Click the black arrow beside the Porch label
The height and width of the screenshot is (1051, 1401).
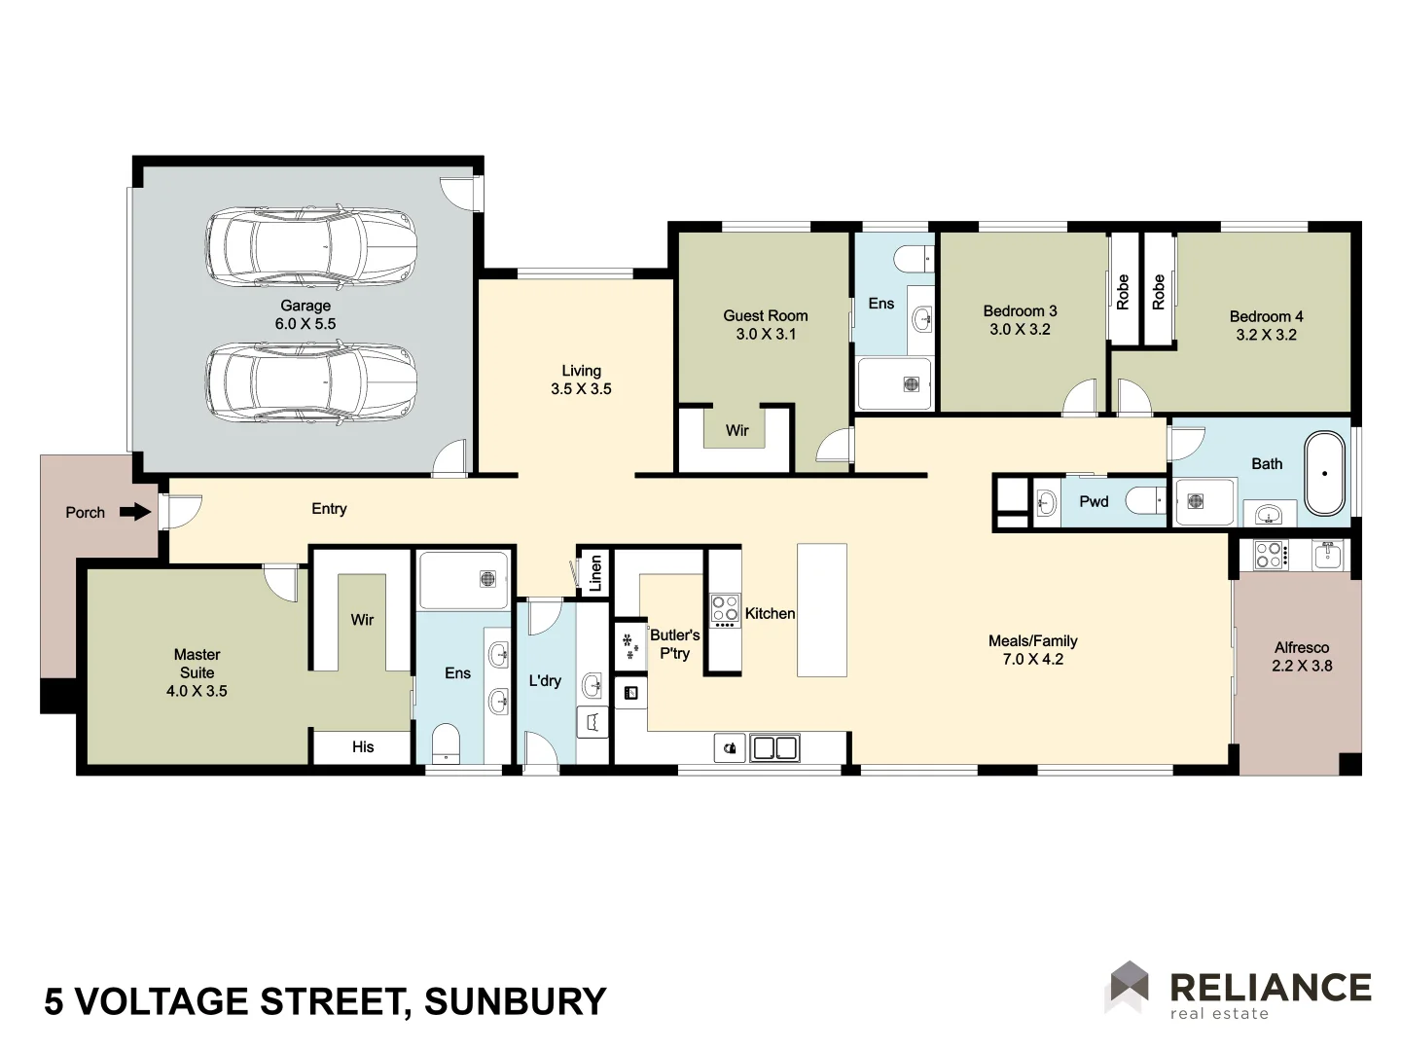coord(135,512)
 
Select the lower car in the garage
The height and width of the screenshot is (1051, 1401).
coord(311,381)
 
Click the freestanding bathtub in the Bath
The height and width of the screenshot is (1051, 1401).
coord(1324,473)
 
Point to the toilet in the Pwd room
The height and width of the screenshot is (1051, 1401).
coord(1145,501)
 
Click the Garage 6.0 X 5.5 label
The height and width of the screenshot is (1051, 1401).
coord(305,314)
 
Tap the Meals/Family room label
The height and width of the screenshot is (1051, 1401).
coord(1032,650)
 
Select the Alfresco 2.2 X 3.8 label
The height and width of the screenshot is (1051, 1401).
coord(1302,657)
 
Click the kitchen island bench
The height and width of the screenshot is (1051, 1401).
coord(821,610)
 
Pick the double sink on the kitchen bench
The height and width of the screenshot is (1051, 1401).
coord(775,747)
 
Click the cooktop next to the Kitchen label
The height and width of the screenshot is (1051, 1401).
coord(725,609)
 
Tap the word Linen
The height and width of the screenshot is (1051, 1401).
coord(595,572)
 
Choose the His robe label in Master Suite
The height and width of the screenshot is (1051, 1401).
coord(363,746)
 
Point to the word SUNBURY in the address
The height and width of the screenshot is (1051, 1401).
coord(516,1001)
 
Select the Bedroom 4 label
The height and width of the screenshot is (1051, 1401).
coord(1266,325)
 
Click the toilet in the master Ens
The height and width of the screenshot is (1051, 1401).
coord(445,742)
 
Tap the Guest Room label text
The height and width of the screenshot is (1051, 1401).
coord(765,324)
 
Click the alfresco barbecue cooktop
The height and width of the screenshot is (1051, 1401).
coord(1270,555)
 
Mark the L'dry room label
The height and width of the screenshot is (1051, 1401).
coord(545,680)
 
